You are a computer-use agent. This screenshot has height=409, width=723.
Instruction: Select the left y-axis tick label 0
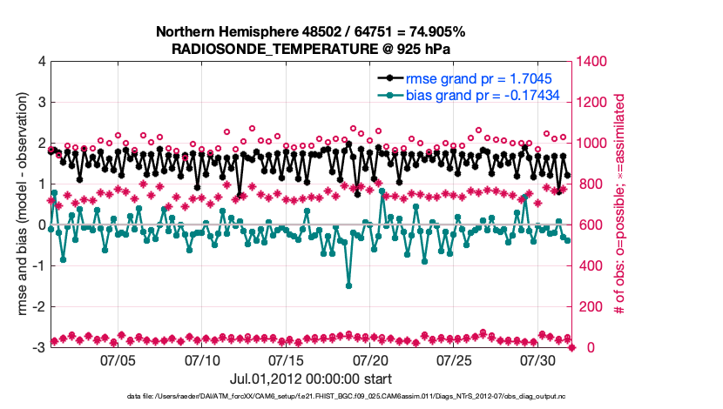(x=41, y=225)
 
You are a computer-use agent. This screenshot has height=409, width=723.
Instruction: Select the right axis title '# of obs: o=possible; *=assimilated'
(x=620, y=204)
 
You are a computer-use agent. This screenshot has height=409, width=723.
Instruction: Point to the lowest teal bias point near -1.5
(x=348, y=285)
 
